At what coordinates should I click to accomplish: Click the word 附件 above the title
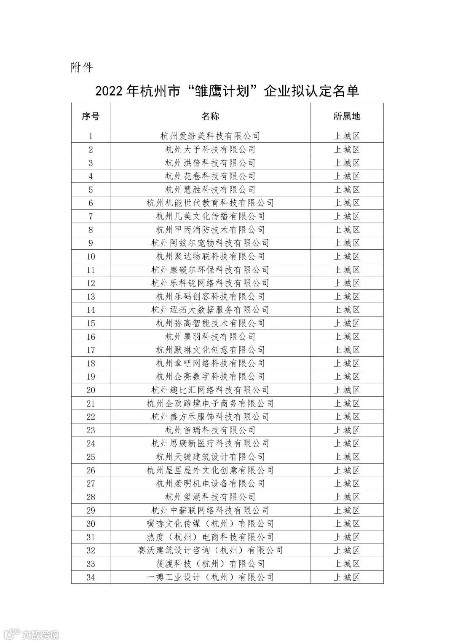click(x=81, y=67)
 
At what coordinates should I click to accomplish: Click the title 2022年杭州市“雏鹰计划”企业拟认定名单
click(x=227, y=91)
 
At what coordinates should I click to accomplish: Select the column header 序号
click(x=91, y=116)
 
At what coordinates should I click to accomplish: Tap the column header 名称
click(x=210, y=116)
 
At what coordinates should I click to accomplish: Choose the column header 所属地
click(x=347, y=116)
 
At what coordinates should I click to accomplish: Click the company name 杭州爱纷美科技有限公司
click(x=210, y=136)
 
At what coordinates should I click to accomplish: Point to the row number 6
click(x=91, y=203)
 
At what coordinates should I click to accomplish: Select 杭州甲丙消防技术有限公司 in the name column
click(x=210, y=230)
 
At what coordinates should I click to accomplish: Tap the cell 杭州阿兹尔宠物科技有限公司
click(x=210, y=243)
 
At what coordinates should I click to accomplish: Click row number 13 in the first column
click(x=91, y=297)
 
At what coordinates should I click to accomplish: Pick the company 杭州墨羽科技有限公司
click(x=210, y=337)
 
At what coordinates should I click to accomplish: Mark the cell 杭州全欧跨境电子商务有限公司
click(x=210, y=404)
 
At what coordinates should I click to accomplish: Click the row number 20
click(x=91, y=390)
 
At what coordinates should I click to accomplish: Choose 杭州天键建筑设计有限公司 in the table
click(x=210, y=457)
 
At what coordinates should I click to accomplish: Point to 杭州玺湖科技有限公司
click(x=210, y=497)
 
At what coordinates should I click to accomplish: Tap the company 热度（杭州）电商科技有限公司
click(x=210, y=537)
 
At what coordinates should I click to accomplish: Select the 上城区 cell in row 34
click(x=347, y=577)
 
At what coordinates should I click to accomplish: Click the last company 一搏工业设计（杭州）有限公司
click(x=210, y=577)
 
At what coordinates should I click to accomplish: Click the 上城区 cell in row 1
click(x=347, y=136)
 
